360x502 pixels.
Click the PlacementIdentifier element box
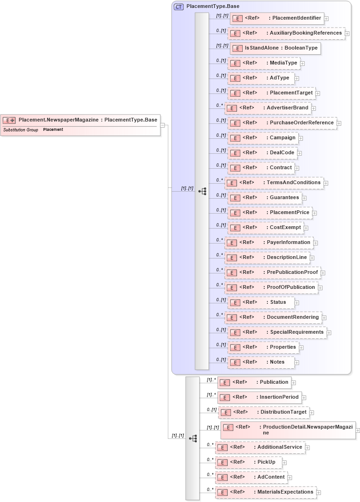click(277, 18)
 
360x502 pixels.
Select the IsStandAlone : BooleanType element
click(275, 48)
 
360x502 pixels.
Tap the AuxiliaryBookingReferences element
click(286, 33)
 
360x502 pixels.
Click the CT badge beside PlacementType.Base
click(179, 7)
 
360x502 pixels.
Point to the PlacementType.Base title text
click(206, 7)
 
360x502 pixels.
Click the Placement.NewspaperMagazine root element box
click(80, 120)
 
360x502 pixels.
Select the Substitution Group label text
click(21, 129)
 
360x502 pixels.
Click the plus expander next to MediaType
click(302, 64)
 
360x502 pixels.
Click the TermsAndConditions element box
click(274, 183)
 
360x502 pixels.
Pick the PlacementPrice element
click(270, 213)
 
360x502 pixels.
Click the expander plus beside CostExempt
click(306, 228)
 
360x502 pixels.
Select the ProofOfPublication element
click(271, 287)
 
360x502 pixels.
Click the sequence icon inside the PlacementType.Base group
click(202, 191)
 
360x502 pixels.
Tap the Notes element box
click(261, 362)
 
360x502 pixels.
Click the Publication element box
click(254, 382)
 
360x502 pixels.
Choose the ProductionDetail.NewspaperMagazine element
click(288, 430)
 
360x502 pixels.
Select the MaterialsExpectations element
click(266, 492)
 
